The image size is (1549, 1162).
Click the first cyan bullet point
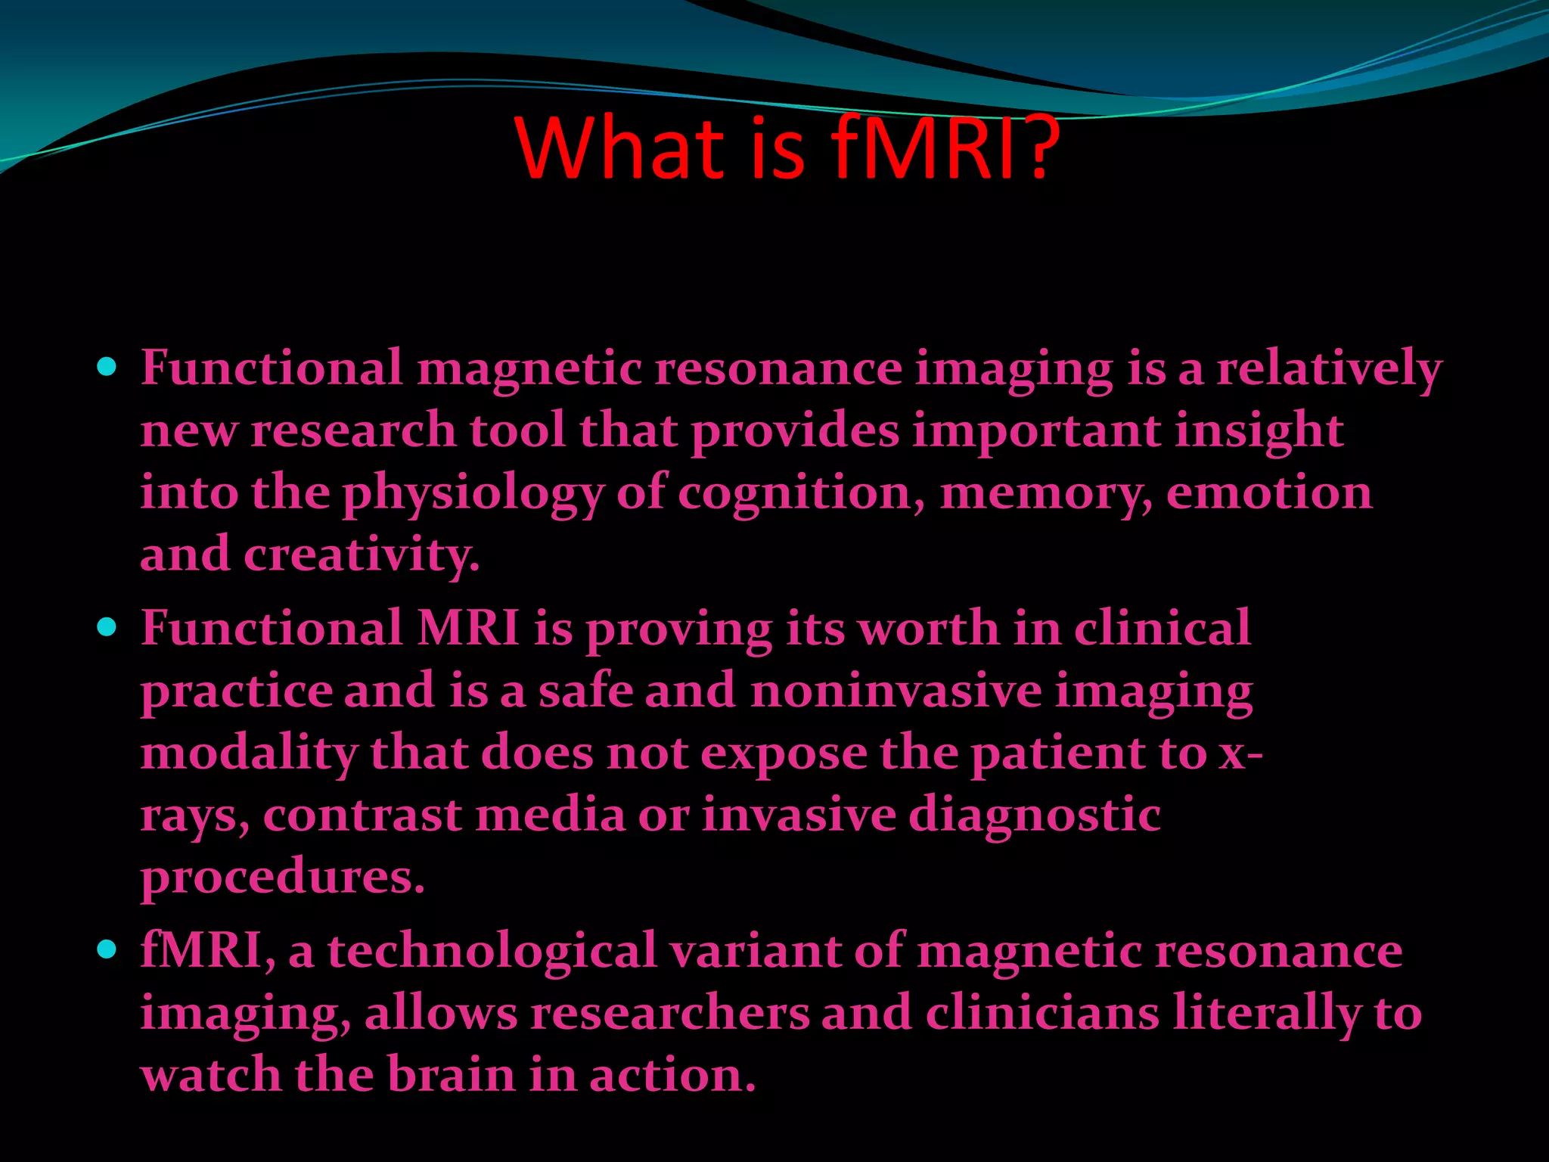pyautogui.click(x=107, y=368)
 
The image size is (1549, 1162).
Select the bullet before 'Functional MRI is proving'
pyautogui.click(x=107, y=627)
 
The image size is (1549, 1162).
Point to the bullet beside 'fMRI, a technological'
pyautogui.click(x=107, y=949)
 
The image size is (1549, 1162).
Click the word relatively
pyautogui.click(x=1329, y=369)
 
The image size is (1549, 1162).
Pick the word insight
pyautogui.click(x=1259, y=431)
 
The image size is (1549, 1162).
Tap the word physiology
pyautogui.click(x=473, y=493)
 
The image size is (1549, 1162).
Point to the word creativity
pyautogui.click(x=362, y=555)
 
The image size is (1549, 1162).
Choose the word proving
pyautogui.click(x=678, y=629)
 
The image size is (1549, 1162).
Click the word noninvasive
pyautogui.click(x=896, y=691)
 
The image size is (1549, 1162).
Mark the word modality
pyautogui.click(x=249, y=753)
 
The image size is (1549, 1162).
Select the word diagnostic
pyautogui.click(x=1034, y=816)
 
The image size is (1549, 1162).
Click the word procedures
pyautogui.click(x=282, y=878)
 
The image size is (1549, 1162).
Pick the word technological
pyautogui.click(x=492, y=951)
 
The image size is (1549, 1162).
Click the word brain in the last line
pyautogui.click(x=451, y=1075)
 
